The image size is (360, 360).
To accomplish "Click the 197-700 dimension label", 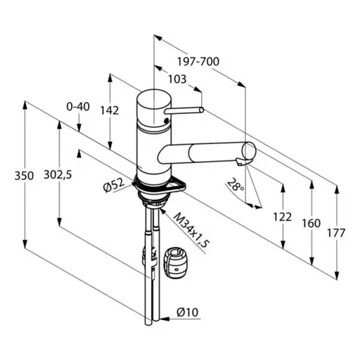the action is click(198, 62).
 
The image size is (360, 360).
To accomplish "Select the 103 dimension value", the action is click(177, 79).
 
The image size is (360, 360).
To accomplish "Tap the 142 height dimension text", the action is click(110, 110).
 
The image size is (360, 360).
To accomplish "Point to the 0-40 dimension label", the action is click(78, 107).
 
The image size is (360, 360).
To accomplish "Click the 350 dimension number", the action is click(24, 176).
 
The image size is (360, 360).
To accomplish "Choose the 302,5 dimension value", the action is click(58, 174).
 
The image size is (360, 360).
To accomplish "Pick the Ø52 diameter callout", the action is click(114, 186).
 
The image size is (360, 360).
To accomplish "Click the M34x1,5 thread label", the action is click(191, 230).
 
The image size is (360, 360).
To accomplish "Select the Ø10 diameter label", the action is click(187, 312).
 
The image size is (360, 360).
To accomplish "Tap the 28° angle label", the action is click(236, 184).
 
